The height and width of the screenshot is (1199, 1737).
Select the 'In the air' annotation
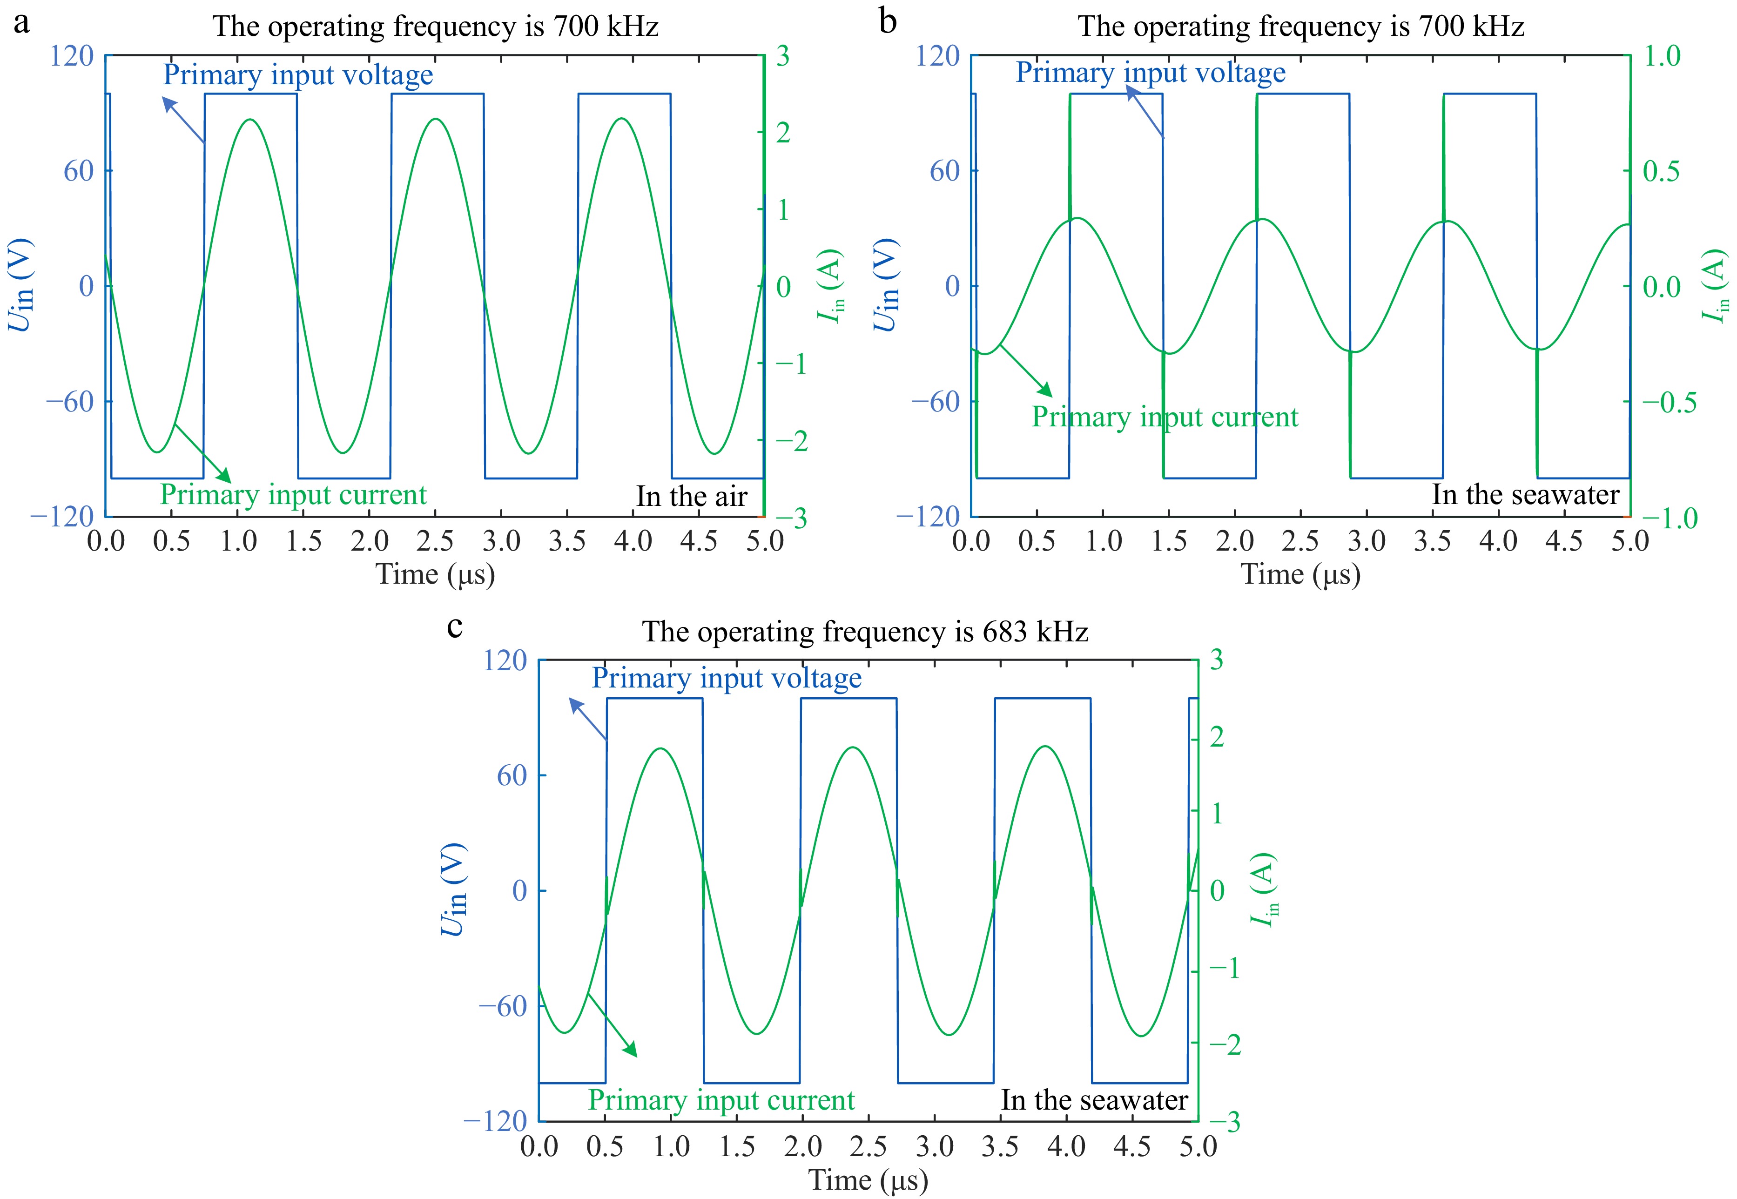point(691,497)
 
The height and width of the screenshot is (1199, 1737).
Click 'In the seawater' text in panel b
point(1525,494)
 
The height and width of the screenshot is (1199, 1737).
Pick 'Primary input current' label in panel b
point(1165,417)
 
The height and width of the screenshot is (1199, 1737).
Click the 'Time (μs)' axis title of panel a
point(435,575)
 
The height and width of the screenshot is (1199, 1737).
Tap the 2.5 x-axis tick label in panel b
point(1300,541)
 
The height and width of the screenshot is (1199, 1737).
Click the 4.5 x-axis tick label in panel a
point(699,541)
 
